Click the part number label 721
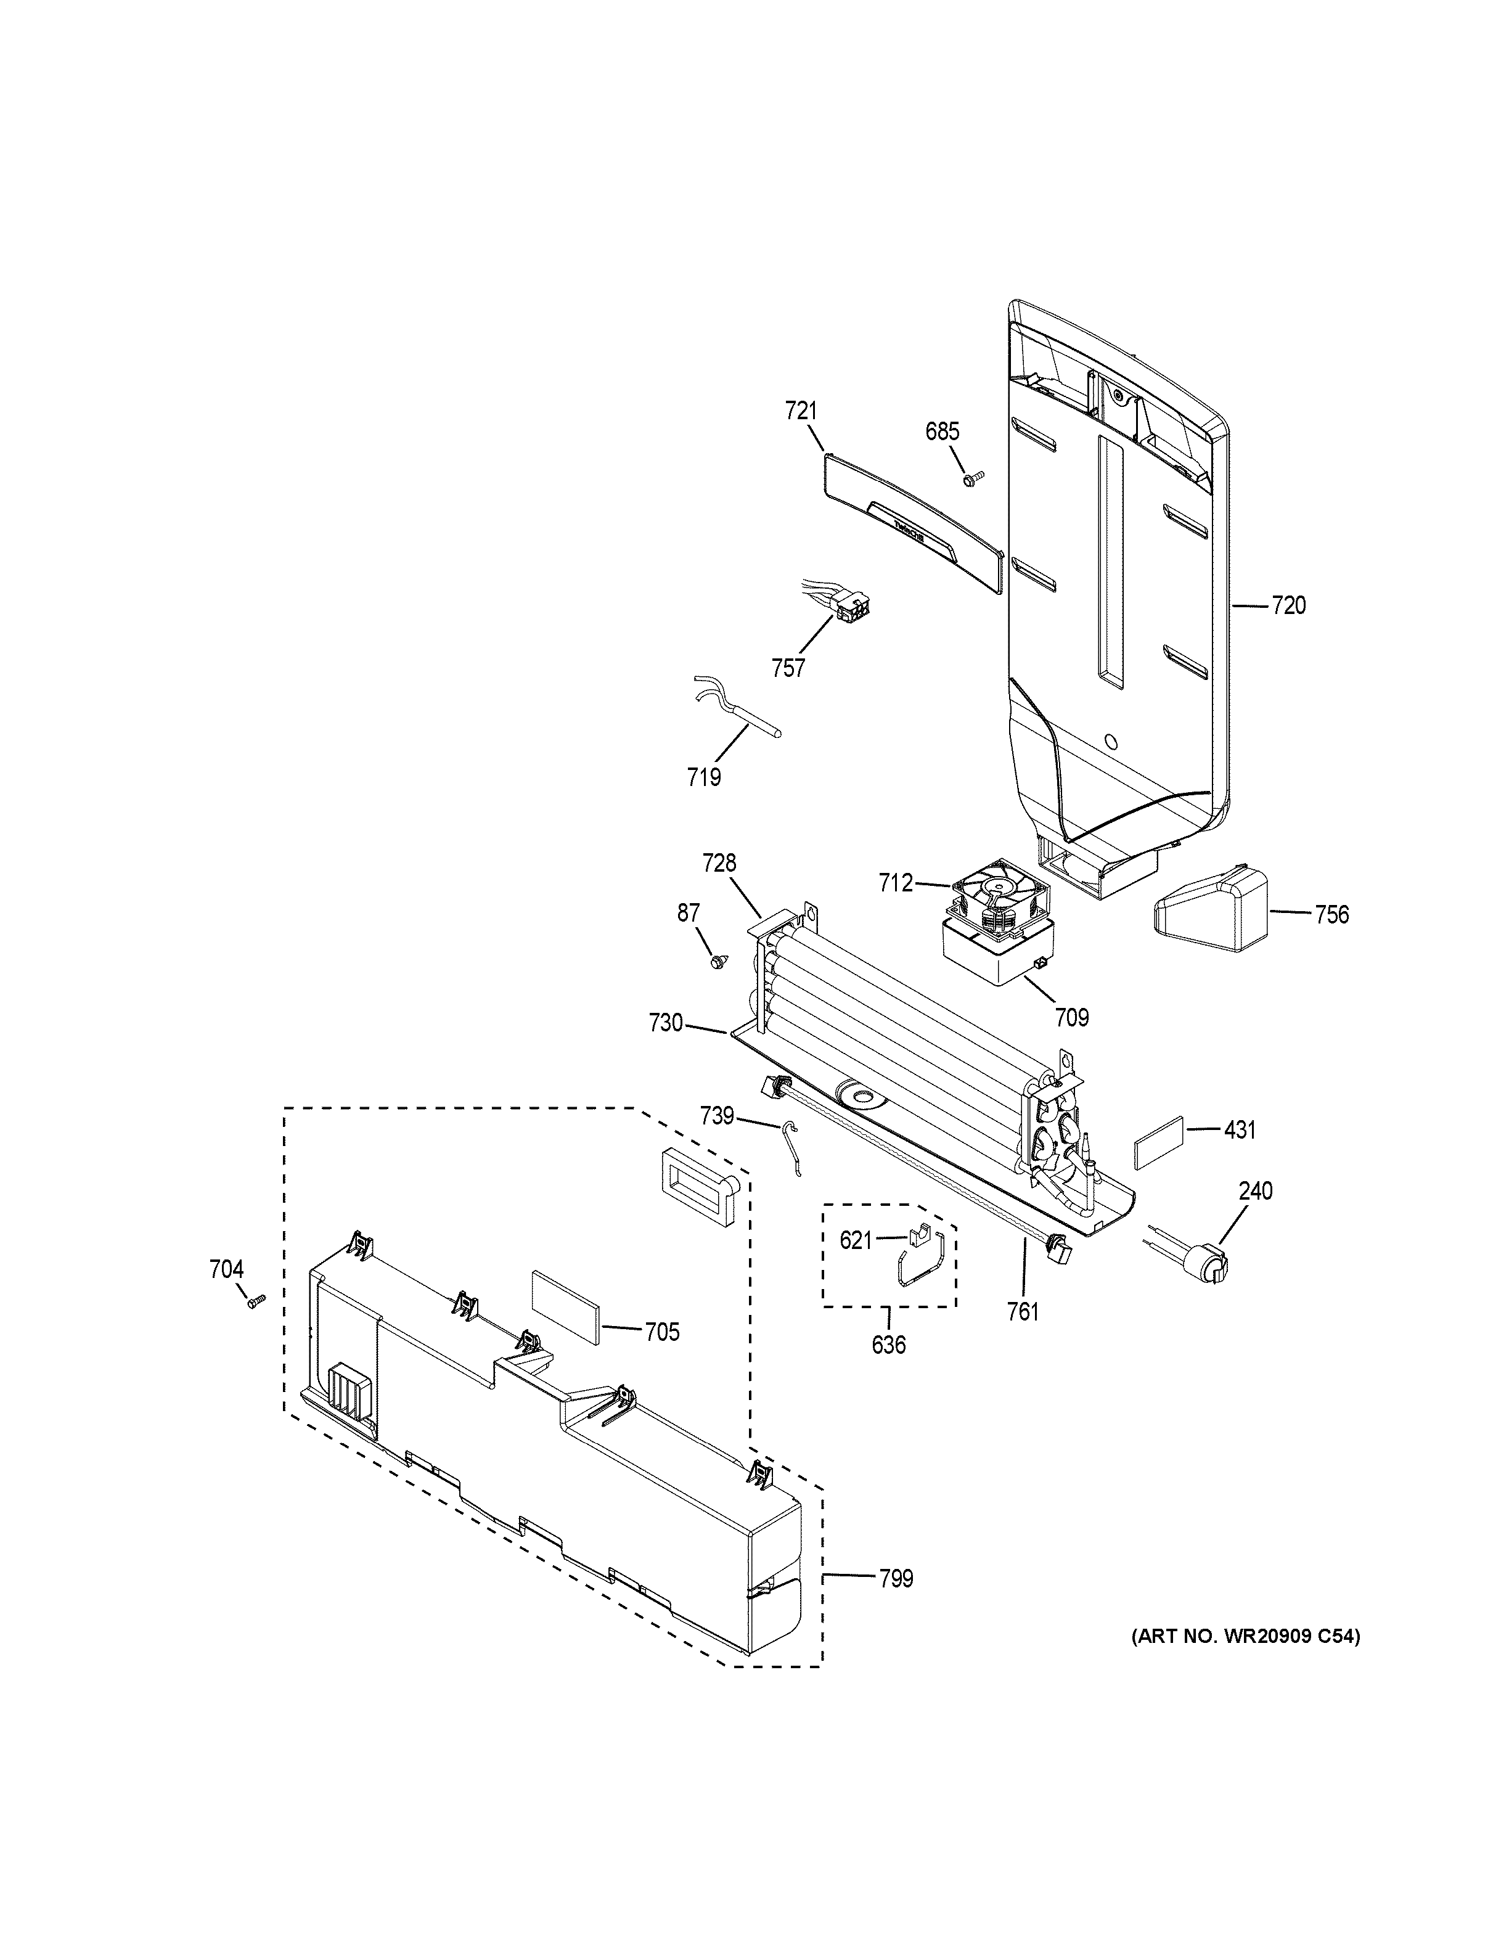[801, 411]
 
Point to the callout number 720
[1288, 606]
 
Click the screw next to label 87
[717, 961]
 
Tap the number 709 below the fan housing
[1072, 1017]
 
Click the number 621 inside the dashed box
[856, 1240]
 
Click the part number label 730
[666, 1022]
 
